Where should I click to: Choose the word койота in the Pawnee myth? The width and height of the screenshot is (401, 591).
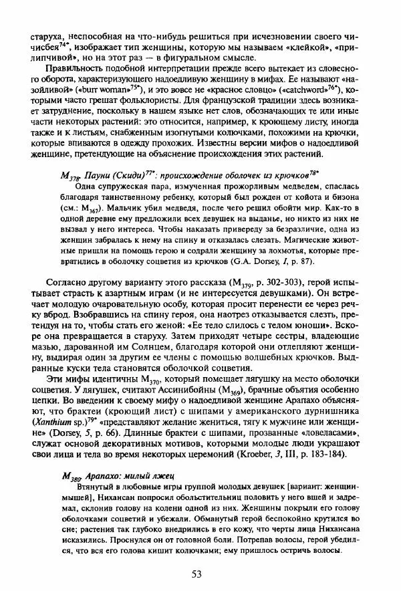click(317, 196)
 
